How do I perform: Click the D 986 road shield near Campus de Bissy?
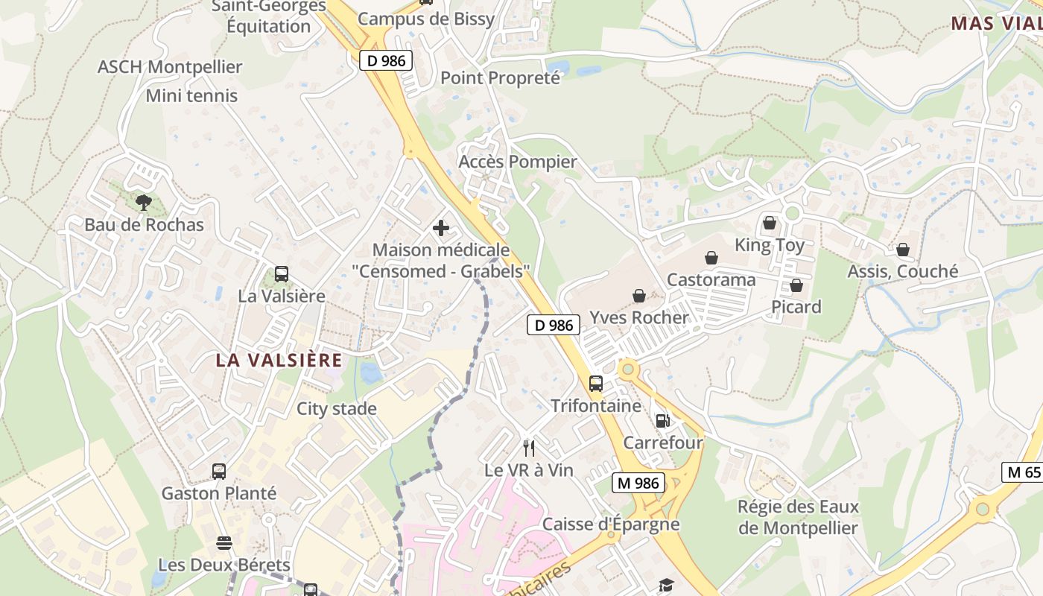pos(387,60)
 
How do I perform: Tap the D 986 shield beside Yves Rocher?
pos(554,325)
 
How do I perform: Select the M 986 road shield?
pos(638,483)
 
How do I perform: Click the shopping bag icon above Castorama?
pos(711,258)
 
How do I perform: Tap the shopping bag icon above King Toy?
pos(769,223)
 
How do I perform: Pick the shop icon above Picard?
pos(796,285)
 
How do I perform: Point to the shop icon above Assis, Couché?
pos(902,250)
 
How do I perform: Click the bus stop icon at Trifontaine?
pos(595,384)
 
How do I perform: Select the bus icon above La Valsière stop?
pos(281,274)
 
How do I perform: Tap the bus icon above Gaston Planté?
pos(218,472)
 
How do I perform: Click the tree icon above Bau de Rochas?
pos(143,202)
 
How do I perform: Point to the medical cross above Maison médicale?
pos(441,228)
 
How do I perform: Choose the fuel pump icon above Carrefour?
pos(662,421)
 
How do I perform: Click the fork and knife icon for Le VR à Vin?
pos(529,448)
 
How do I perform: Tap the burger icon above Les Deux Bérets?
pos(223,542)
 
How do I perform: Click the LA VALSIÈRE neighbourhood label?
pos(279,361)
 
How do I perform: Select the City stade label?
pos(336,409)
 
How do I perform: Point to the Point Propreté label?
pos(500,77)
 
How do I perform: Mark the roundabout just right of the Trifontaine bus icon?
pos(628,368)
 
